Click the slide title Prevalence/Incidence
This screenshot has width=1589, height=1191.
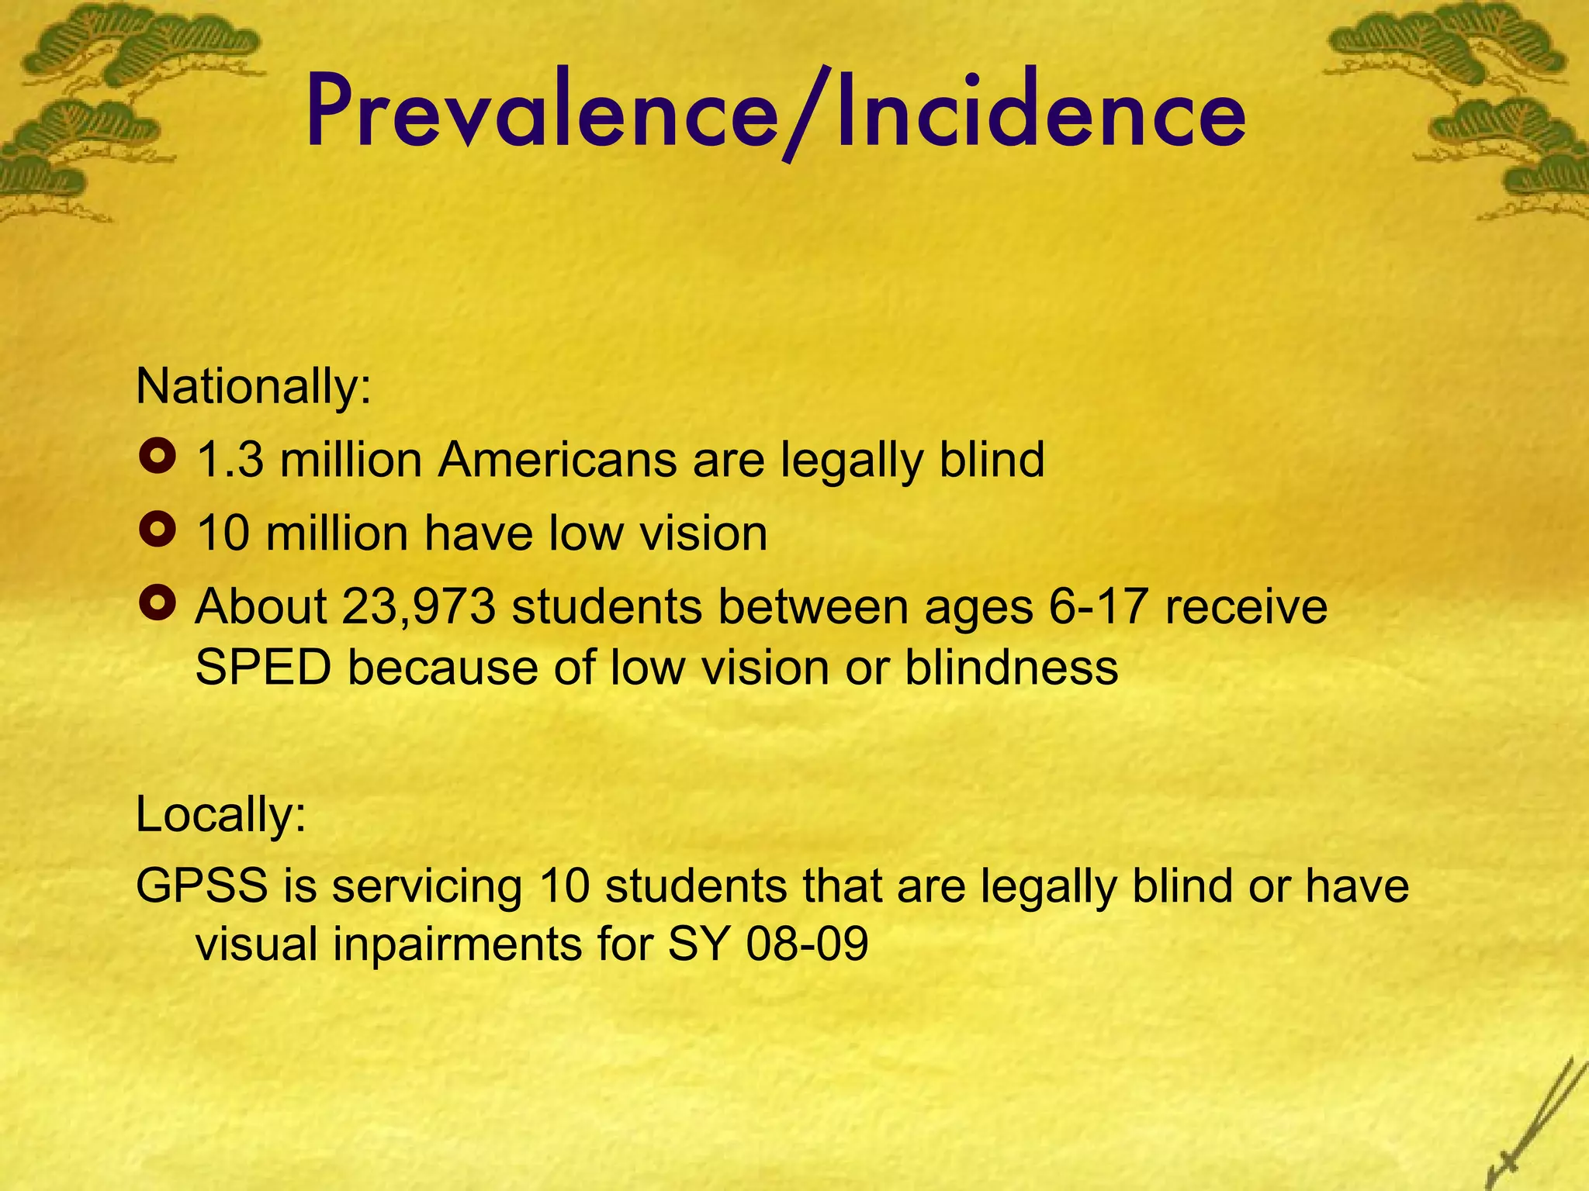(776, 112)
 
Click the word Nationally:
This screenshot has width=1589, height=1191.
(254, 386)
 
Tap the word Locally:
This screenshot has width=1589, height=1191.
(221, 814)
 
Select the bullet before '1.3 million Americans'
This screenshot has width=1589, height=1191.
(158, 458)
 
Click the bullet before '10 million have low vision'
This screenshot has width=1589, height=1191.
(158, 532)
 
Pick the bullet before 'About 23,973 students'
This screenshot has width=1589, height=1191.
(158, 604)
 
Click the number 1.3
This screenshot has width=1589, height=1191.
(230, 460)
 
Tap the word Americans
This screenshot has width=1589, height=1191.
(557, 460)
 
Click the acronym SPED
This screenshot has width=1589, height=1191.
(263, 668)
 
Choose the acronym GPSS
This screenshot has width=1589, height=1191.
(203, 885)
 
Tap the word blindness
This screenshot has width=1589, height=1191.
(1011, 668)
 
